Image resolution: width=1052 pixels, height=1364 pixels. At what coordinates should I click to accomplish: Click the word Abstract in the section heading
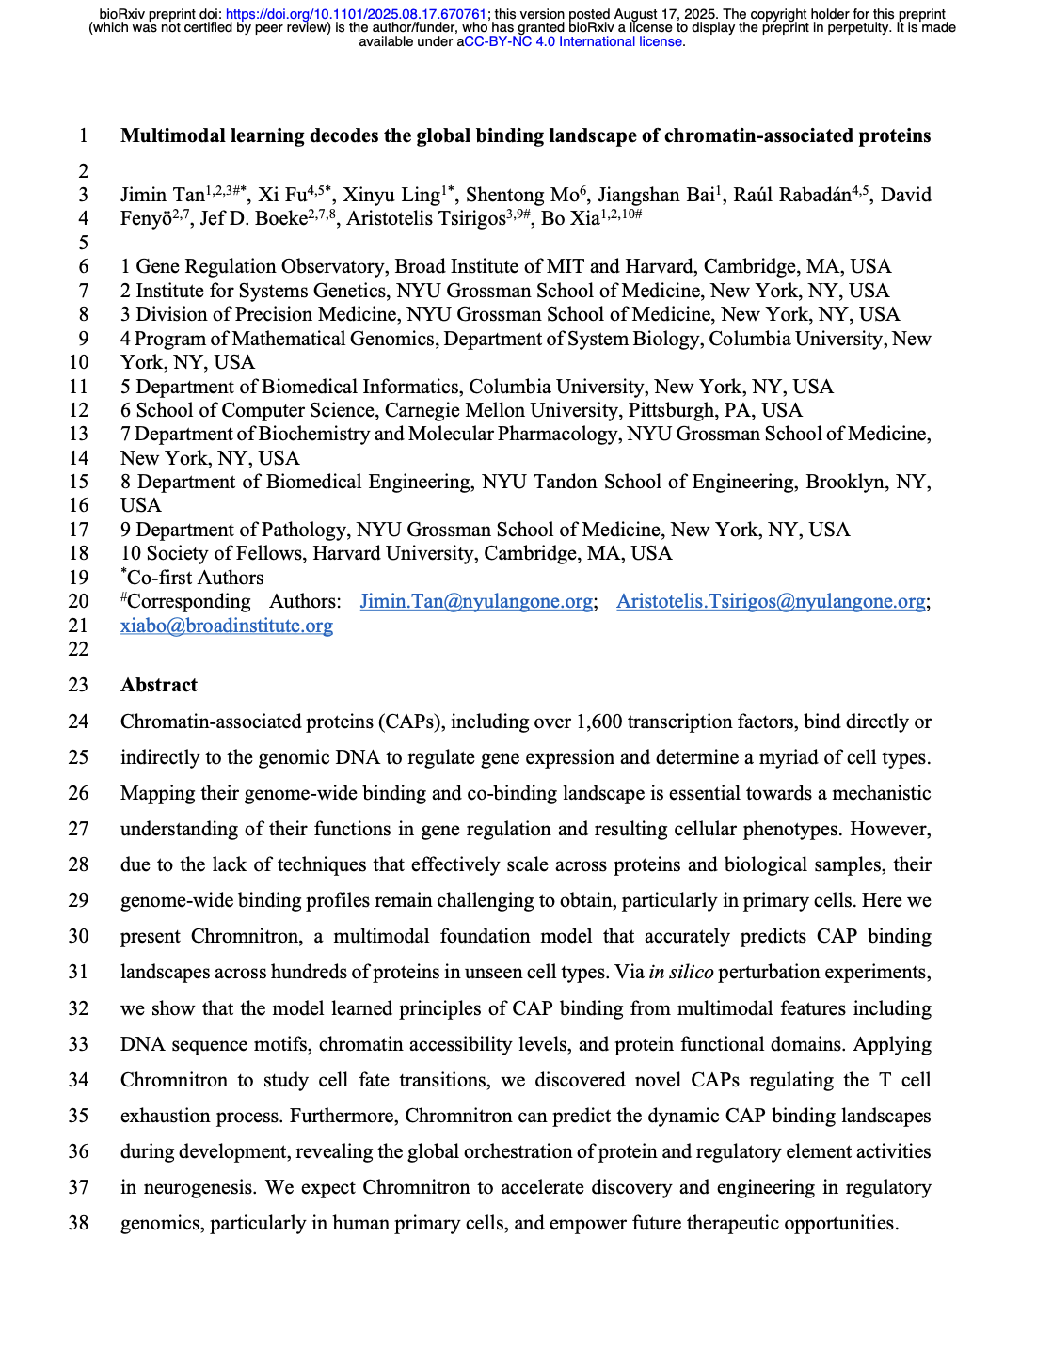[x=159, y=685]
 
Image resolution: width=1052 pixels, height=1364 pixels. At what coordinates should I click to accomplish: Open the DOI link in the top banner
[x=356, y=14]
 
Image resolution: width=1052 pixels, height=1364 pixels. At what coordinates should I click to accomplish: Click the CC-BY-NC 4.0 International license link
[x=572, y=41]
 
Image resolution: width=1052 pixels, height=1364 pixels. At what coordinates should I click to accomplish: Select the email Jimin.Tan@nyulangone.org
[x=476, y=601]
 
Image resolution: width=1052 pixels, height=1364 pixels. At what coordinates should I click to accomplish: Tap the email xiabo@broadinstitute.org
[x=227, y=626]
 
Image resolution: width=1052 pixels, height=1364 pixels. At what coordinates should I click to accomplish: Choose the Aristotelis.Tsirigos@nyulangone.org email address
[x=771, y=601]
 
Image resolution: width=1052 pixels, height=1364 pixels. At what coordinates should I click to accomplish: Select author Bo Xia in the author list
[x=569, y=218]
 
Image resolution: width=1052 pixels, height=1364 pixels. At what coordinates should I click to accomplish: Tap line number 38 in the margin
[x=78, y=1223]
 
